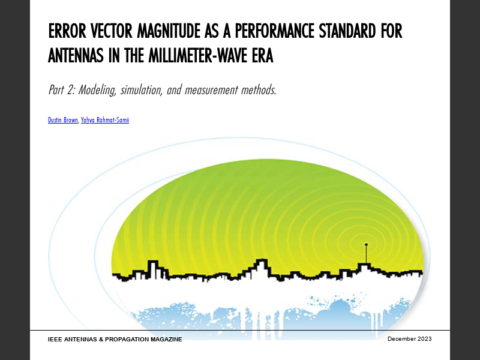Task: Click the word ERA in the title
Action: coord(261,56)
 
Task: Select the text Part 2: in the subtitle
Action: coord(62,91)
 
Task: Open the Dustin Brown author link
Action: coord(63,120)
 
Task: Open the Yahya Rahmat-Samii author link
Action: coord(105,120)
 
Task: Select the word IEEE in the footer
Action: coord(56,340)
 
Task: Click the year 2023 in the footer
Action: coord(425,339)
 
